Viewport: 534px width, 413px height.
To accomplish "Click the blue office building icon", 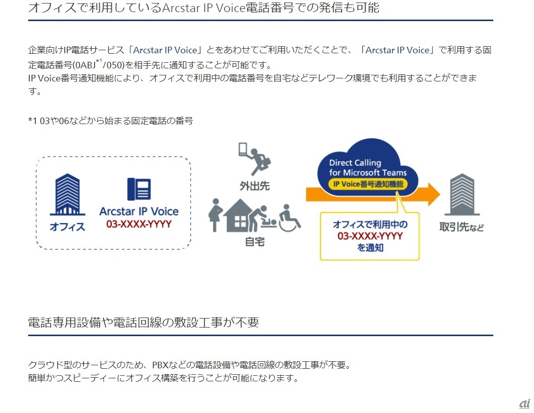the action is (67, 194).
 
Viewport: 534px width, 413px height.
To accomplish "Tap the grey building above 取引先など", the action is (462, 194).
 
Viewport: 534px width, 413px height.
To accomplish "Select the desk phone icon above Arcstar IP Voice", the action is (139, 189).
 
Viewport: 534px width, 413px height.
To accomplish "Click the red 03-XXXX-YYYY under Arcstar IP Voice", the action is (139, 224).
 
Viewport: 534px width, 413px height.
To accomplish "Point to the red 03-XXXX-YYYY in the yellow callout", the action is (370, 236).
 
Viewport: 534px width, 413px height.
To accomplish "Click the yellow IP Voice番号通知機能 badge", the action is (368, 184).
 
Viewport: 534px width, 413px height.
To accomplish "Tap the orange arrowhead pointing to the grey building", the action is (434, 194).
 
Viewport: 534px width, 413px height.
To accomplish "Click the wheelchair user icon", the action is (289, 218).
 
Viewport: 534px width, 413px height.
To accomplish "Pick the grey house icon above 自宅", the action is (240, 216).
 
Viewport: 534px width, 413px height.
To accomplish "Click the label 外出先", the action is (255, 186).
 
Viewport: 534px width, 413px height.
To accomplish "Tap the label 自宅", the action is (255, 242).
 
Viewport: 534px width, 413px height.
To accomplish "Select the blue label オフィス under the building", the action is (67, 227).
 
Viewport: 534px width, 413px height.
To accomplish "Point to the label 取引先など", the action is (462, 227).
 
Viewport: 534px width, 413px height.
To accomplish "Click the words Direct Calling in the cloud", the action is (355, 163).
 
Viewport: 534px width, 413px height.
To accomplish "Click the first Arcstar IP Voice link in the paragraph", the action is (165, 50).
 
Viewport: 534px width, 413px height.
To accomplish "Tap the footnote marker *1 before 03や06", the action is (33, 121).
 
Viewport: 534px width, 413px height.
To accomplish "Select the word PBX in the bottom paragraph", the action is (161, 365).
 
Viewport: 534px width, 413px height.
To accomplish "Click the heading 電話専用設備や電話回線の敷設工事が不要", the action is (143, 322).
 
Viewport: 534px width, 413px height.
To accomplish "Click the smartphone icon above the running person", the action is (243, 149).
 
